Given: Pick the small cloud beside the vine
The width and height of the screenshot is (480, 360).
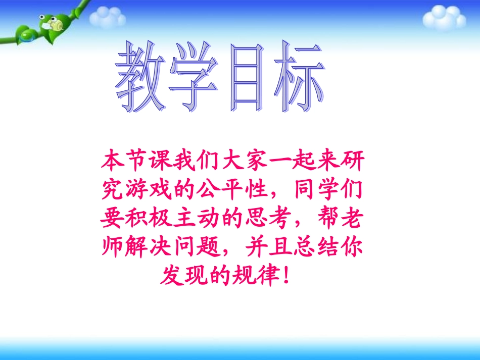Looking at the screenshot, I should click(108, 18).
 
